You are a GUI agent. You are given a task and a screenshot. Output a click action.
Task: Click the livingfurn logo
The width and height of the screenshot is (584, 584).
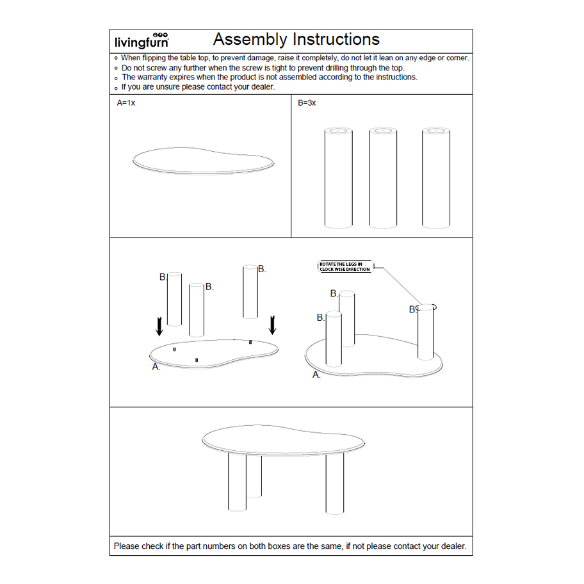pyautogui.click(x=142, y=41)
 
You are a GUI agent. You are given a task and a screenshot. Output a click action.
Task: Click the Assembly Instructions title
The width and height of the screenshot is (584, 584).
pyautogui.click(x=296, y=40)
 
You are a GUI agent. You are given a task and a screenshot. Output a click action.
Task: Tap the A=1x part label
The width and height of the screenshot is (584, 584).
pyautogui.click(x=126, y=102)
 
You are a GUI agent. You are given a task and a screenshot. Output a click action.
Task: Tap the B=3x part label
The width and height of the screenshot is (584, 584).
pyautogui.click(x=307, y=102)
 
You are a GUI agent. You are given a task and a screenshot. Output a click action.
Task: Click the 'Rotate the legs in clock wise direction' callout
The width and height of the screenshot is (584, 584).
pyautogui.click(x=345, y=266)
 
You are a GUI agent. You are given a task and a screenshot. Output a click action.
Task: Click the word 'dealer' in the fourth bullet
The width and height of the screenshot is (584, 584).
pyautogui.click(x=261, y=87)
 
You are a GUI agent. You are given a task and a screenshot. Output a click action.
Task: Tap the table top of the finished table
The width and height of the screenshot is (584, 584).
pyautogui.click(x=284, y=438)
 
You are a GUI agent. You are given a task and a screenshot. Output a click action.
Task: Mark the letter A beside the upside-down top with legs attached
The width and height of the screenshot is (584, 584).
pyautogui.click(x=316, y=375)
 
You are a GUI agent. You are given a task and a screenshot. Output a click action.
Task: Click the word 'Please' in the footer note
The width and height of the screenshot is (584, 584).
pyautogui.click(x=128, y=546)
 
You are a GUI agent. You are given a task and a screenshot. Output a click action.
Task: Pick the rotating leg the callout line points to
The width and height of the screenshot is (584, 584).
pyautogui.click(x=426, y=333)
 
